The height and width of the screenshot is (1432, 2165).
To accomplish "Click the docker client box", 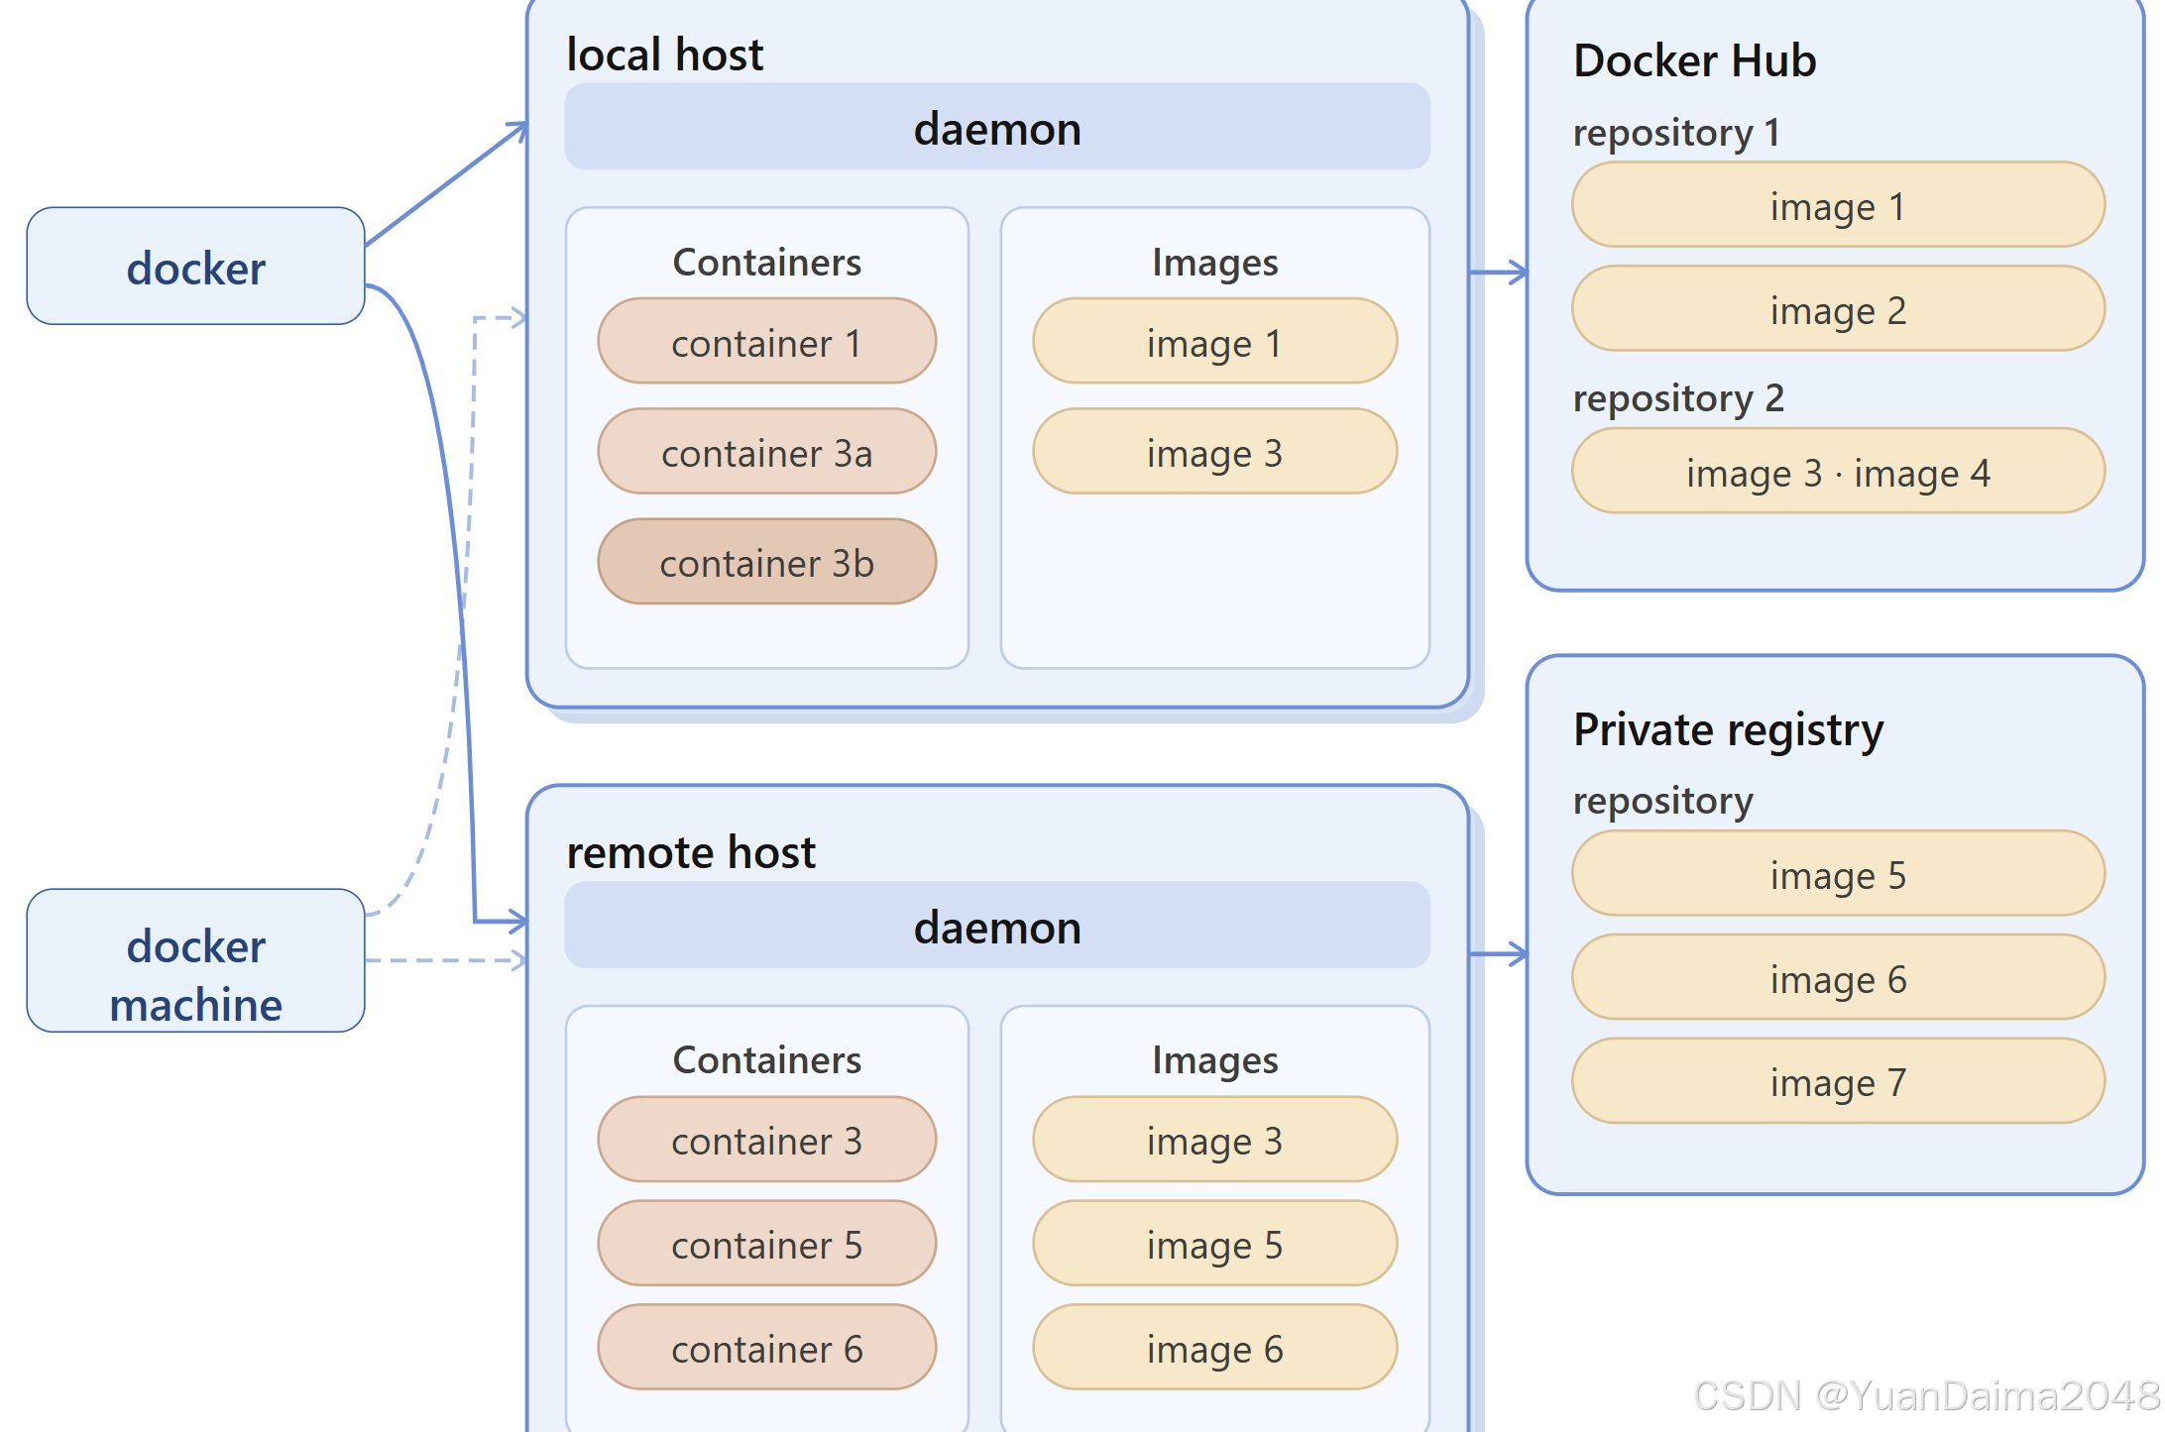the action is [x=195, y=266].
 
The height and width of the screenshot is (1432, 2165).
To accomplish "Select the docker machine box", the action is [x=195, y=960].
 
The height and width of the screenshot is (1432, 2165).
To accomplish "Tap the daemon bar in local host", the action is [x=997, y=127].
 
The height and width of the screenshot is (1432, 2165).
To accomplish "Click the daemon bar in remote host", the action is [x=997, y=926].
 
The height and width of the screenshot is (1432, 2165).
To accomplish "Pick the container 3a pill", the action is [x=767, y=452].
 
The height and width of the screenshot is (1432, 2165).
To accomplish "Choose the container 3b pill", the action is [x=767, y=562].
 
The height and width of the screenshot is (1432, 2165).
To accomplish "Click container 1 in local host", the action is [x=767, y=342].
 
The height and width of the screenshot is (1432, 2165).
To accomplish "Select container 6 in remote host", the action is [x=767, y=1348].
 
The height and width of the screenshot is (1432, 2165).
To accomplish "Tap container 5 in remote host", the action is [x=767, y=1244].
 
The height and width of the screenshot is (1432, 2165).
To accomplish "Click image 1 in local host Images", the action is [x=1215, y=342].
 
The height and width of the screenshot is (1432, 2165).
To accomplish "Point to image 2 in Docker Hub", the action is [x=1839, y=309].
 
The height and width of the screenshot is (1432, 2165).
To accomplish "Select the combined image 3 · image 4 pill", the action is [x=1839, y=472].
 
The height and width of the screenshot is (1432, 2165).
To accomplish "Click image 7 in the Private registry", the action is [x=1839, y=1081].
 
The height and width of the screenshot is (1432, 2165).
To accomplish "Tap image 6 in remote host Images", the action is [x=1215, y=1348].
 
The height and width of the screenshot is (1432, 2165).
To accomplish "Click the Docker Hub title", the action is [x=1695, y=60].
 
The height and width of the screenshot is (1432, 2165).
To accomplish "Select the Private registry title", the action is [x=1729, y=730].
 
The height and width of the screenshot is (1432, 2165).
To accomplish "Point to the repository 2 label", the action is [x=1678, y=398].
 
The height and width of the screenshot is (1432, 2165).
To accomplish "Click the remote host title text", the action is [x=691, y=852].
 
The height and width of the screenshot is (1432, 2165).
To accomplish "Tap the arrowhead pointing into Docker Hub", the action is [x=1518, y=272].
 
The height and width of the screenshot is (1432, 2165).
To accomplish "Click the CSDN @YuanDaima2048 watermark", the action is [x=1927, y=1395].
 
